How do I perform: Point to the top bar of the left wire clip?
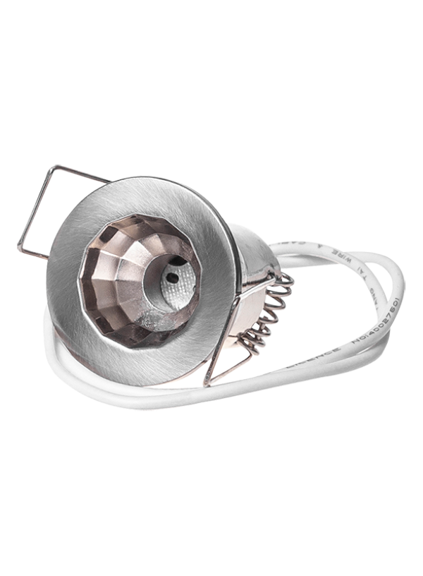pos(78,176)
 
